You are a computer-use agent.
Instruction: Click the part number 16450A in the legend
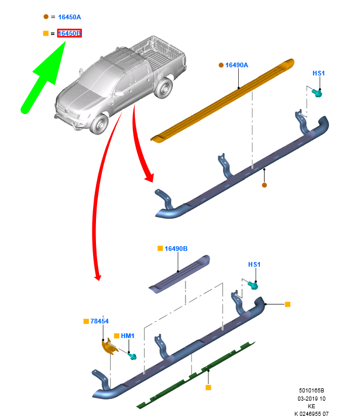(70, 17)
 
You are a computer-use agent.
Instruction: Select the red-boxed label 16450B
(70, 33)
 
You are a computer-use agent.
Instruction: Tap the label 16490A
(236, 65)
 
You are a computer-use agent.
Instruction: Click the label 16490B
(176, 249)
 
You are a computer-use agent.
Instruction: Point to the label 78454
(100, 321)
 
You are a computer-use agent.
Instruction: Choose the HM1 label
(128, 336)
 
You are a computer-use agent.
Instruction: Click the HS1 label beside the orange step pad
(318, 73)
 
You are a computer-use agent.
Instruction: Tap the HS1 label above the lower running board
(254, 264)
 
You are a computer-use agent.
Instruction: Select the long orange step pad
(223, 101)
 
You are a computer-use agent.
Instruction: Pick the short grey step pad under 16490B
(180, 274)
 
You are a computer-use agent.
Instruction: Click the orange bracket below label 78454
(109, 346)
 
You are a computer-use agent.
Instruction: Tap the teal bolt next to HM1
(132, 356)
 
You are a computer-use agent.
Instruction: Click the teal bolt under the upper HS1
(317, 93)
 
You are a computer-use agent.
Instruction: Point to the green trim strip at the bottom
(196, 375)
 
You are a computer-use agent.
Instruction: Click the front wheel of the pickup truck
(100, 124)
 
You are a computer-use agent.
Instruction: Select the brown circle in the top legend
(46, 17)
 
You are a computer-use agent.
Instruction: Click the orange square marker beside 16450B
(46, 33)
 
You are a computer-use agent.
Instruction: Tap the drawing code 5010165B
(311, 391)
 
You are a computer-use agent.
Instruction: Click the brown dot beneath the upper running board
(265, 185)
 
